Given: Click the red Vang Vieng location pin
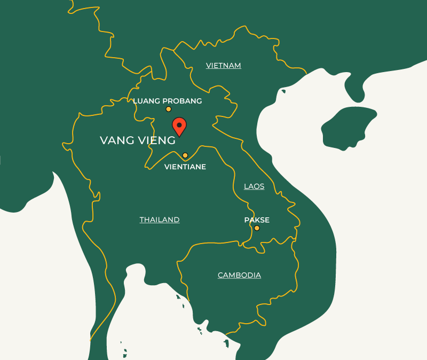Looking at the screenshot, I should pyautogui.click(x=180, y=127).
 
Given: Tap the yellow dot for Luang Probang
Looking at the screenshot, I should pyautogui.click(x=169, y=109).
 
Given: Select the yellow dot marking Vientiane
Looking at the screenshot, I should pyautogui.click(x=185, y=155).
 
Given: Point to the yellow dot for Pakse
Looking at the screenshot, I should pyautogui.click(x=257, y=228).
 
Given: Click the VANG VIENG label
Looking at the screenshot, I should pyautogui.click(x=138, y=140).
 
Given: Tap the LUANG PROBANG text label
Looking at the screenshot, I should pyautogui.click(x=167, y=100).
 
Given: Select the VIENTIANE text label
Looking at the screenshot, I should pyautogui.click(x=185, y=167).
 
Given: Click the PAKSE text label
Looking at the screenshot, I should pyautogui.click(x=257, y=220).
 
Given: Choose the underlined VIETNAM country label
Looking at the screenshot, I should pyautogui.click(x=224, y=66).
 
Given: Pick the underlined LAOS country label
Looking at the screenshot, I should pyautogui.click(x=254, y=186).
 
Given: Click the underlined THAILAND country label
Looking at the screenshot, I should pyautogui.click(x=160, y=220).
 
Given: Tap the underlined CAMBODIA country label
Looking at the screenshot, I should pyautogui.click(x=239, y=275).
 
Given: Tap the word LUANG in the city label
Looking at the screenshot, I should pyautogui.click(x=145, y=100).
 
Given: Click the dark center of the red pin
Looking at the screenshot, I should pyautogui.click(x=180, y=124).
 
